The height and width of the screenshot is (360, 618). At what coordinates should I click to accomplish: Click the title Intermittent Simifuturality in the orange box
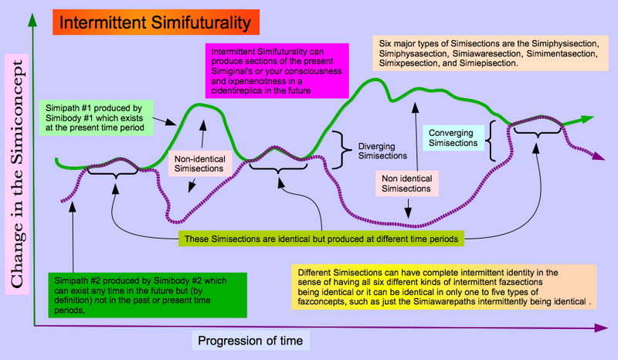coord(155,22)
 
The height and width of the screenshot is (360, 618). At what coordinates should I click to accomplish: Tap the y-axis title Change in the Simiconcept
coord(16,174)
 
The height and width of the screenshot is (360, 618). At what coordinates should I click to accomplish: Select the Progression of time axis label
coord(250,341)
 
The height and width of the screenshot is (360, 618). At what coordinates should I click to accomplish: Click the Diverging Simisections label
coord(382,151)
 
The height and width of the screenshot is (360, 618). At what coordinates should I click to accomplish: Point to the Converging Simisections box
coord(453,138)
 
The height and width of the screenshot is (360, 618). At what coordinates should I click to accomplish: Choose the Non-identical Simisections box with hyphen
coord(200,164)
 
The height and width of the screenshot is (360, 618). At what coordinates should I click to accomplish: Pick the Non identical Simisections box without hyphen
coord(406,183)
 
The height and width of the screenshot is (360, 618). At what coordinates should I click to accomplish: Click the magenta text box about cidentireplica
coord(277,71)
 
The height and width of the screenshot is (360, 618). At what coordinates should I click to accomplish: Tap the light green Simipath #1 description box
coord(96,118)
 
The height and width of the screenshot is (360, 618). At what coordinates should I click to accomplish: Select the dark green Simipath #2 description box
coord(148,295)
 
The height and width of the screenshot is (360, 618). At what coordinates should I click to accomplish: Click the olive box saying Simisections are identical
coord(321,239)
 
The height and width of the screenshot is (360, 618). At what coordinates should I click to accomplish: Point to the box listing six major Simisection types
coord(491,53)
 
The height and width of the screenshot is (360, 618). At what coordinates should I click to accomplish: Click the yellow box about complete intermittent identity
coord(443,287)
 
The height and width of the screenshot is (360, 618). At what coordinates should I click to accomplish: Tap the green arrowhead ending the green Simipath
coord(587,119)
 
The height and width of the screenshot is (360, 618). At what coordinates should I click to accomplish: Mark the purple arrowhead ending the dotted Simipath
coord(599,156)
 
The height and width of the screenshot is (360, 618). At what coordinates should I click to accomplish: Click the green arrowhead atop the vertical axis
coord(32,20)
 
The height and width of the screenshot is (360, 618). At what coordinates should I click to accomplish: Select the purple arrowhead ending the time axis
coord(601,328)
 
